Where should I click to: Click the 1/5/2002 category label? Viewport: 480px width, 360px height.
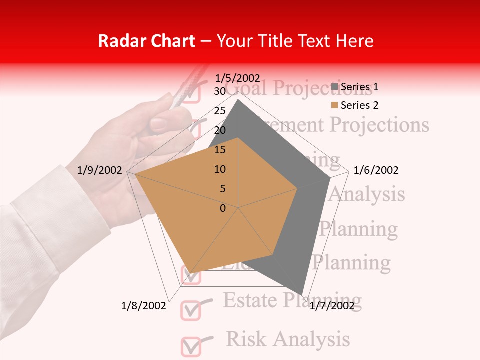point(238,78)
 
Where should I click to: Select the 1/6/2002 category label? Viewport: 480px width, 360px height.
point(376,170)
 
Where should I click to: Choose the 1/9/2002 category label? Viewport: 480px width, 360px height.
point(100,170)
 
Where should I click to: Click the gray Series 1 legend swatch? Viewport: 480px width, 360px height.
point(334,87)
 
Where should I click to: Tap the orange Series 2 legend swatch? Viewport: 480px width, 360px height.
point(334,105)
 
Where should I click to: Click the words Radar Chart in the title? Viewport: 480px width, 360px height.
point(146,41)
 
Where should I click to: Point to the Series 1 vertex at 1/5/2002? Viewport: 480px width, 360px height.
point(238,99)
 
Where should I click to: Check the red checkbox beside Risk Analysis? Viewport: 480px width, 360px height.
point(190,345)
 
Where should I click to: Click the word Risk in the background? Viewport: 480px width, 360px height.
point(245,339)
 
